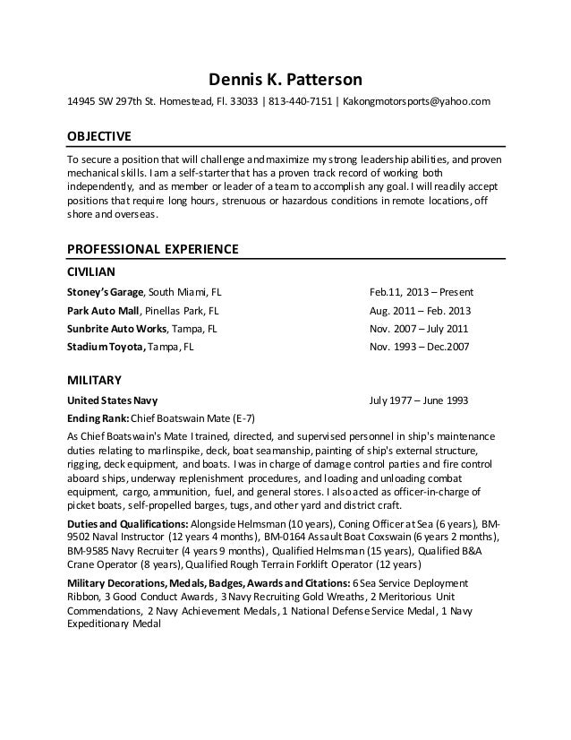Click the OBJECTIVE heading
[100, 136]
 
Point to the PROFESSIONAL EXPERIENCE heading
[151, 247]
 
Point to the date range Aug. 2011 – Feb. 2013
[421, 310]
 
